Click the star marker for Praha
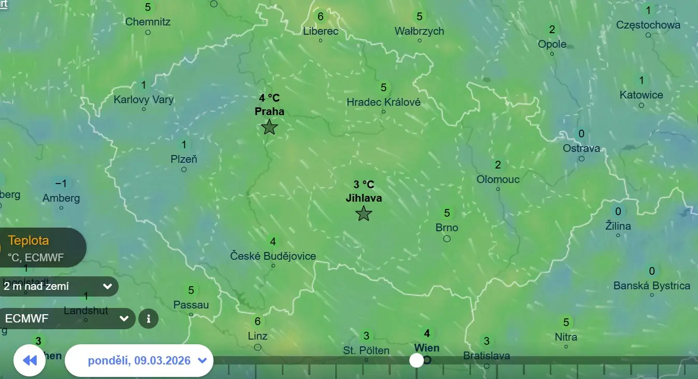click(269, 127)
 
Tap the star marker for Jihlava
click(364, 213)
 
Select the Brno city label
click(447, 228)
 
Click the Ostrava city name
click(581, 148)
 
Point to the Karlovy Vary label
click(144, 100)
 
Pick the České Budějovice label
click(273, 256)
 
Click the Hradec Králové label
click(383, 102)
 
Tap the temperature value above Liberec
click(320, 17)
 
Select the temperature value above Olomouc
click(498, 165)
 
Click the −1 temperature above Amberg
click(61, 184)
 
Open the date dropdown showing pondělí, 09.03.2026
click(139, 360)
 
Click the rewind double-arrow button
click(30, 360)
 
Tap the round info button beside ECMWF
click(148, 318)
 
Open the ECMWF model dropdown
click(66, 318)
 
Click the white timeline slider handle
click(416, 360)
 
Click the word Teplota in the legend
click(29, 241)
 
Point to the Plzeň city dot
click(184, 169)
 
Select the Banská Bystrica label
click(651, 286)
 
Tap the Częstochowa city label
click(648, 24)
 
